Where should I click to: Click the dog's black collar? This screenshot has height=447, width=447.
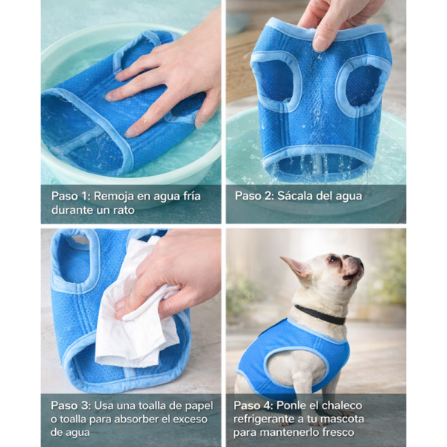click(320, 315)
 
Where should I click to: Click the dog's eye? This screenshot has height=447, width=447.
click(333, 259)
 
